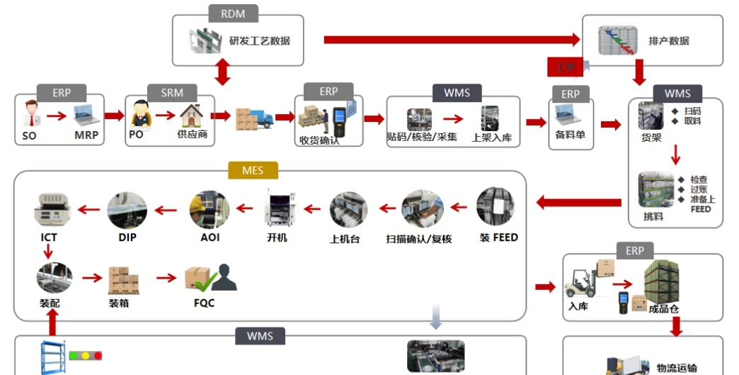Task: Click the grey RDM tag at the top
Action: tap(233, 13)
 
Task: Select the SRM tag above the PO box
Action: tap(172, 93)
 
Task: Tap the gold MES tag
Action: tap(253, 170)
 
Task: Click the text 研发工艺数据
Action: tap(260, 41)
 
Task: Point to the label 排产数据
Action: tap(669, 41)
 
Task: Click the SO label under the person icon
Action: tap(29, 135)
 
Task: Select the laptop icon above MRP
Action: tap(84, 113)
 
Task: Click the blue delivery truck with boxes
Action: tap(254, 118)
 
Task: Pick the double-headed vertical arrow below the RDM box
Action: tap(223, 72)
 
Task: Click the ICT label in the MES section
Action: tap(49, 237)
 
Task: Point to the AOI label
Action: tap(210, 237)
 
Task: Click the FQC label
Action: tap(204, 303)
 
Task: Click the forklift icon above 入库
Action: tap(583, 281)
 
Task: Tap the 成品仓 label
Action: tap(664, 308)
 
